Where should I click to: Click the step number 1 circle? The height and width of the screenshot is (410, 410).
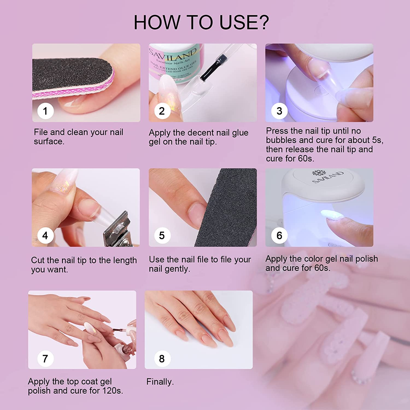tap(45, 111)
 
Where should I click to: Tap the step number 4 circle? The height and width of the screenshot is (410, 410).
tap(45, 235)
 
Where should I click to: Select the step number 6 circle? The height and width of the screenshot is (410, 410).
tap(279, 235)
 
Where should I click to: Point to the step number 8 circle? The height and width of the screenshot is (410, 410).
tap(162, 359)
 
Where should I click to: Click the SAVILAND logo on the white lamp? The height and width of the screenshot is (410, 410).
tap(328, 177)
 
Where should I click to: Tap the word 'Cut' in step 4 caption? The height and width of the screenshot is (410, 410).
tap(37, 260)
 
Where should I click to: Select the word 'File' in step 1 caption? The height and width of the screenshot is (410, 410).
tap(41, 132)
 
